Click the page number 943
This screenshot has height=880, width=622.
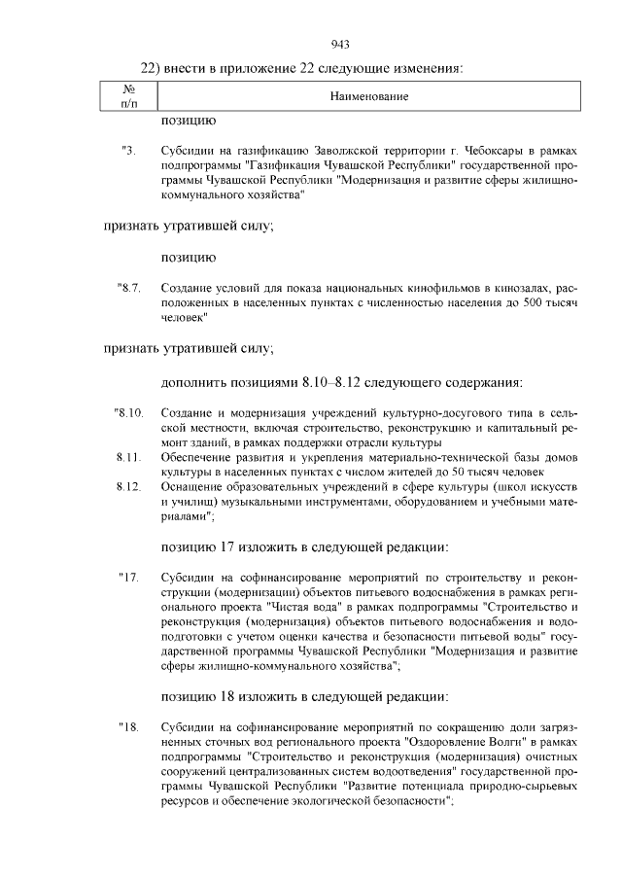(x=339, y=44)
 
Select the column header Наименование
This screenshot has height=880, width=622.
(x=368, y=97)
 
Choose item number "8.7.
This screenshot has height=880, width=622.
(x=129, y=289)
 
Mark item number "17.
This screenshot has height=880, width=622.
(x=129, y=579)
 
